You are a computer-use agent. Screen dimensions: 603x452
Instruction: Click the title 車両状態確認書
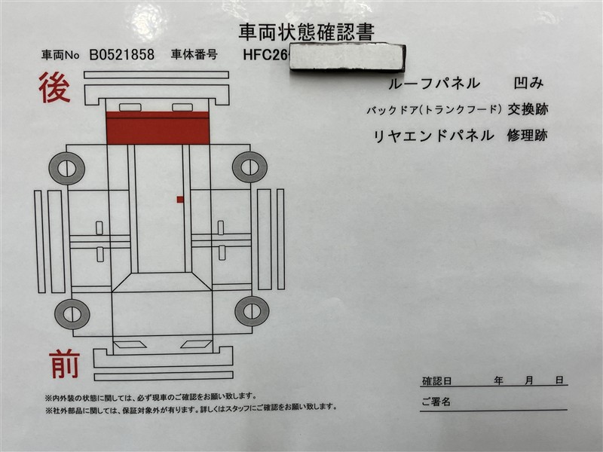click(x=307, y=32)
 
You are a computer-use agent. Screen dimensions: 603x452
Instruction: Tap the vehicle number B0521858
click(x=122, y=55)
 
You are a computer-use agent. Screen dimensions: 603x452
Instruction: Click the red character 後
click(x=54, y=87)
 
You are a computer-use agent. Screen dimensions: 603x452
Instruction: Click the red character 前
click(x=65, y=364)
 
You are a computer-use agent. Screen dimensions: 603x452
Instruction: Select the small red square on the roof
click(x=180, y=200)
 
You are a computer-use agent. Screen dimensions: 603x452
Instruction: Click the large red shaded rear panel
click(x=158, y=128)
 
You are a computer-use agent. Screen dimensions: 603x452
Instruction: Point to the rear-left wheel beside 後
click(x=67, y=168)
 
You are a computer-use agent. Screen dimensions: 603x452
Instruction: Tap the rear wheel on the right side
click(x=250, y=167)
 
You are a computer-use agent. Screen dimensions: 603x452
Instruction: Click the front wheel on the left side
click(x=72, y=313)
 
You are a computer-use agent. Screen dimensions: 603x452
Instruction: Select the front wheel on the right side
click(x=252, y=311)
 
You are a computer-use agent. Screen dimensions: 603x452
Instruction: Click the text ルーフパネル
click(x=435, y=84)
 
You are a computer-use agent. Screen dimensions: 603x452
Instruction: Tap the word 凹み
click(x=529, y=83)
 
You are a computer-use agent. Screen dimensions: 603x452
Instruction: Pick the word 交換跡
click(x=528, y=109)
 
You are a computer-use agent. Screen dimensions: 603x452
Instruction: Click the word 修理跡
click(x=527, y=136)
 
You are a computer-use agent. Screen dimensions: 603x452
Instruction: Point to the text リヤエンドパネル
click(x=433, y=136)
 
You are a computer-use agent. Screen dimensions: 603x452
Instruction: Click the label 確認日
click(x=437, y=381)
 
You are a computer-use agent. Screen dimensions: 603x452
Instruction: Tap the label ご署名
click(x=436, y=402)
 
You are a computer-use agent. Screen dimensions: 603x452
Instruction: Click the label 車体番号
click(x=194, y=54)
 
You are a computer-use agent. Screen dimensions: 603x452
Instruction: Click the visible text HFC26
click(x=265, y=55)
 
